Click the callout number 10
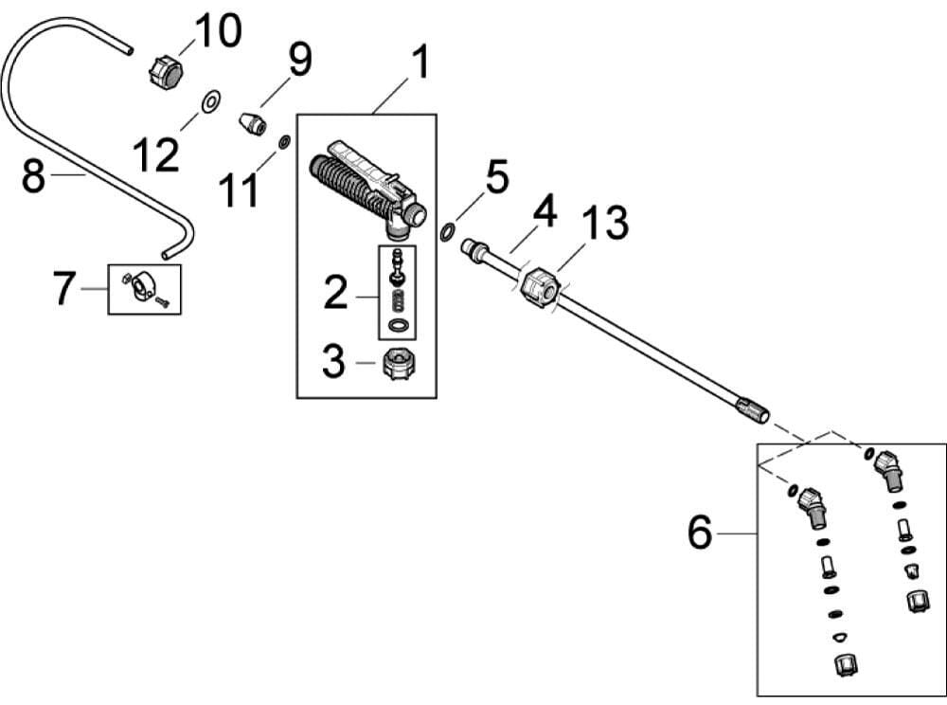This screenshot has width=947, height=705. [218, 31]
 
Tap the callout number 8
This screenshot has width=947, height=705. [34, 176]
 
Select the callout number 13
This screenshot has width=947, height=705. [604, 224]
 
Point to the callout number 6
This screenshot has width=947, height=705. [699, 533]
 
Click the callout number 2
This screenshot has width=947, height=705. [336, 294]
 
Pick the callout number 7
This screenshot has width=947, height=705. [64, 289]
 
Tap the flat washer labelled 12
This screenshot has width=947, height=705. [211, 99]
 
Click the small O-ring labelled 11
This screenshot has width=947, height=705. [283, 143]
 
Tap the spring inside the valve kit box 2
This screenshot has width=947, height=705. [398, 304]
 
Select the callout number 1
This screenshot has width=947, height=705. [419, 63]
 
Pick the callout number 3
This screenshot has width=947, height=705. [333, 362]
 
